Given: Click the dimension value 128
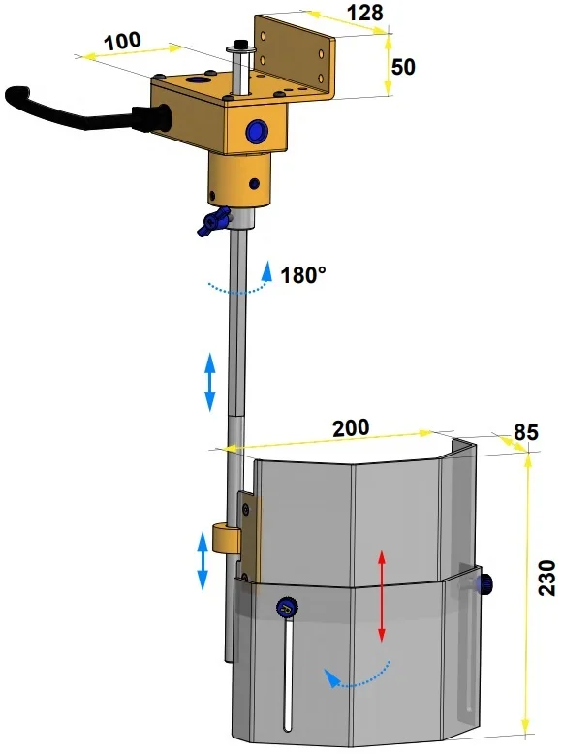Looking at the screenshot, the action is pyautogui.click(x=365, y=13).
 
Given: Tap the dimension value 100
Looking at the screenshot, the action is pyautogui.click(x=123, y=42).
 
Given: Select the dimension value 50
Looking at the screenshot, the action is pyautogui.click(x=403, y=67).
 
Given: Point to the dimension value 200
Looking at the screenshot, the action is pyautogui.click(x=351, y=427).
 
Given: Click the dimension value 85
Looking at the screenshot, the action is pyautogui.click(x=525, y=432).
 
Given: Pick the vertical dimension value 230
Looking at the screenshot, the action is pyautogui.click(x=546, y=578).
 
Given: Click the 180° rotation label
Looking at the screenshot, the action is pyautogui.click(x=303, y=275).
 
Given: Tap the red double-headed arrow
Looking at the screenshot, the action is pyautogui.click(x=381, y=596).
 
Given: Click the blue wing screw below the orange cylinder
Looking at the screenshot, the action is pyautogui.click(x=214, y=221).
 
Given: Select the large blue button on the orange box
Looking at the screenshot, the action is pyautogui.click(x=256, y=131).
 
